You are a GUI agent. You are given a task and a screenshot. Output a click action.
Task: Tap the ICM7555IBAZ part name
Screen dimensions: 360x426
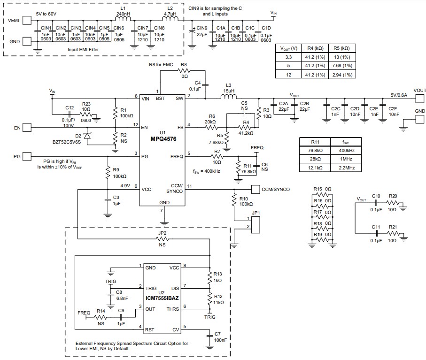coord(162,298)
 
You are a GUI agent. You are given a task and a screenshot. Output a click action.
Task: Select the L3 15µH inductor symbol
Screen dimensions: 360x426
coord(229,98)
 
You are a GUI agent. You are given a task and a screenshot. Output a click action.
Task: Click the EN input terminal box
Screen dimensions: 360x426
coord(27,127)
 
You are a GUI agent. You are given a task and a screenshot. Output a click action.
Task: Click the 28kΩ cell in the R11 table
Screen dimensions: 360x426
coord(315,160)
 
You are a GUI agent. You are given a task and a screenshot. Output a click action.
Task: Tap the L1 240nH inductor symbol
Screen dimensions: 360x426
coord(124,20)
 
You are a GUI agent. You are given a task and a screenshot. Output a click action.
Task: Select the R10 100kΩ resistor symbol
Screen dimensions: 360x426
coord(233,200)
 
